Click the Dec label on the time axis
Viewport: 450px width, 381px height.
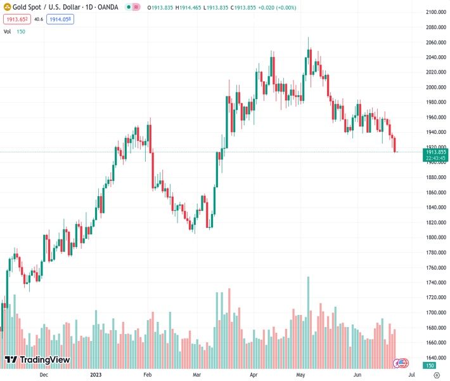[x=44, y=375]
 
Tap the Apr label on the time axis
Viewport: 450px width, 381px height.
[x=254, y=375]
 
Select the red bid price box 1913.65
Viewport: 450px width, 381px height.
[x=15, y=20]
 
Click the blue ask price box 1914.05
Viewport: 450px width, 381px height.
[x=60, y=20]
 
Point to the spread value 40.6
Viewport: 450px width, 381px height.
[x=39, y=20]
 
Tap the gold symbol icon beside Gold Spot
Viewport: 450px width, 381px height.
[x=8, y=7]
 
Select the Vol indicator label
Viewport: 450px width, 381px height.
[x=7, y=31]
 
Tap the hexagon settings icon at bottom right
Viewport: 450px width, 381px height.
[x=436, y=375]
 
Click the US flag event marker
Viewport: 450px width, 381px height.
[x=402, y=363]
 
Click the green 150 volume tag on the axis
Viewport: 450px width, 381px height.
[x=430, y=366]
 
